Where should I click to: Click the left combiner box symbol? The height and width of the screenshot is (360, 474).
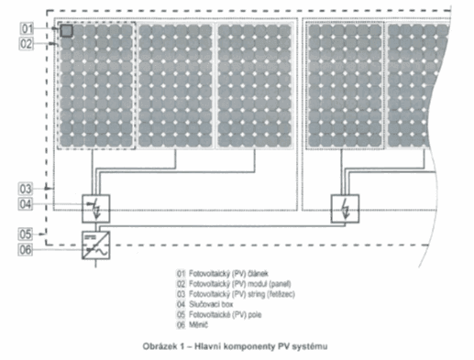pyautogui.click(x=95, y=207)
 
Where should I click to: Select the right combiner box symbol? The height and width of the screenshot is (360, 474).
pyautogui.click(x=346, y=207)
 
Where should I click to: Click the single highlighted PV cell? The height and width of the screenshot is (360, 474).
pyautogui.click(x=66, y=32)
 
